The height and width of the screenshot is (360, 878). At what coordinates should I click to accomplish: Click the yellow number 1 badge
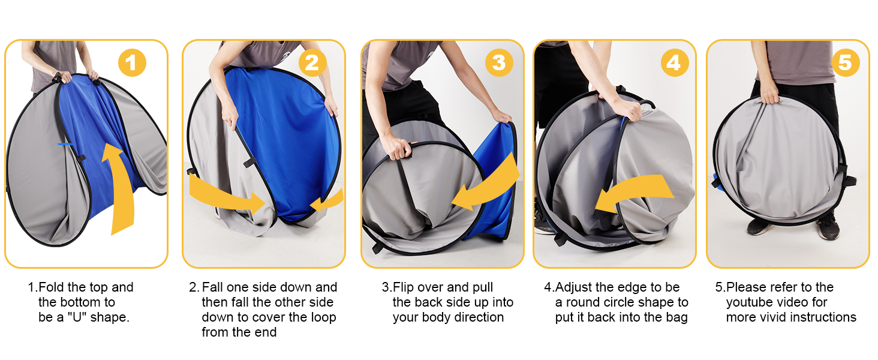point(132,63)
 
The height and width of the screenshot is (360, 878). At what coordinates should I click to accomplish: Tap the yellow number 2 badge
point(312,63)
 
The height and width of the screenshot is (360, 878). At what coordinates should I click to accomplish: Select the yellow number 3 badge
point(499,63)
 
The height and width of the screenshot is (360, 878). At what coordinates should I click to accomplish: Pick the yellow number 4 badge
point(675,63)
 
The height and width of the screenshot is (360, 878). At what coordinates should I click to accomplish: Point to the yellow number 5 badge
point(846,63)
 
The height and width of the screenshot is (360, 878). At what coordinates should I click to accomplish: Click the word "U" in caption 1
point(77,317)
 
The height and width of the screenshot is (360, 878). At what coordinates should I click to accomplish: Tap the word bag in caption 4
point(677,317)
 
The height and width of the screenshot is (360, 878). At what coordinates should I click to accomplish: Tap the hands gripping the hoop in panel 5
point(769,94)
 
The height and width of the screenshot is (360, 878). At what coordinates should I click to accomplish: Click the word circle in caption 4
point(627,302)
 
